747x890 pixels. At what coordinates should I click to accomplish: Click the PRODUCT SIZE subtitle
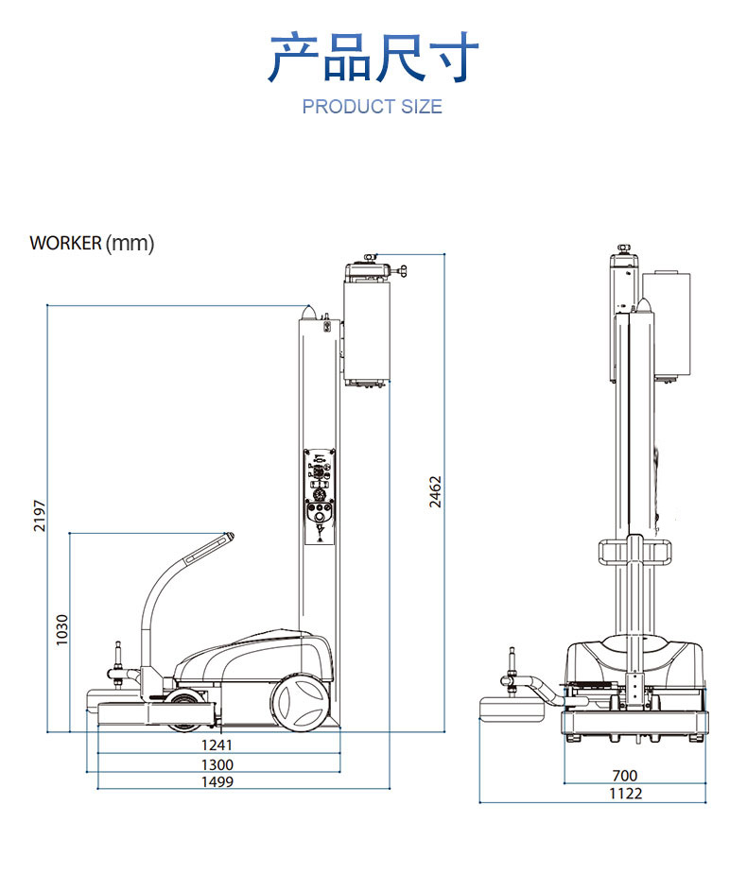coord(372,106)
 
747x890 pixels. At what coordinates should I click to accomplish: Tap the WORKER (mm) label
coord(92,243)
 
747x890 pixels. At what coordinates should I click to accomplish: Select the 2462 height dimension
coord(435,491)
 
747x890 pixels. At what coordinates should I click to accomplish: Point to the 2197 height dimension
coord(39,515)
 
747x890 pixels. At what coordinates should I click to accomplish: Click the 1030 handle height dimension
coord(61,630)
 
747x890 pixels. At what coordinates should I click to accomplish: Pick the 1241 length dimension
coord(217,745)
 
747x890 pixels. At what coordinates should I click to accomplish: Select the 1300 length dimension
coord(217,763)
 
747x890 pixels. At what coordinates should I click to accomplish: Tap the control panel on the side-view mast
coord(320,496)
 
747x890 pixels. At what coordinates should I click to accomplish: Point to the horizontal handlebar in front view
coord(634,551)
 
